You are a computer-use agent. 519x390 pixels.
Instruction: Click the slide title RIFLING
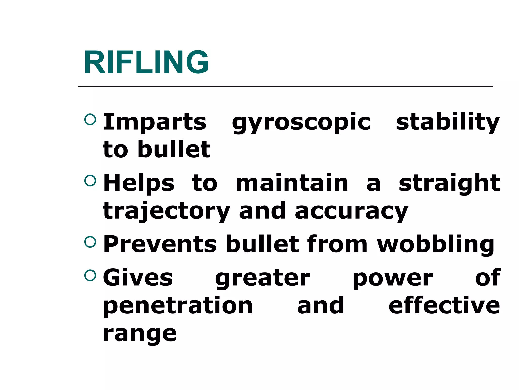(x=146, y=62)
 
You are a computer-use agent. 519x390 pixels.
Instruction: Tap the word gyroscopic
(x=301, y=122)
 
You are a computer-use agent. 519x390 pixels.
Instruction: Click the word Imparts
(x=155, y=122)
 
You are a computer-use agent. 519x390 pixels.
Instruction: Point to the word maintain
(x=292, y=183)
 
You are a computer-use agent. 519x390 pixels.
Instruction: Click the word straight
(x=449, y=183)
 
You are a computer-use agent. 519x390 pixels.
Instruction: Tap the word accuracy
(x=351, y=211)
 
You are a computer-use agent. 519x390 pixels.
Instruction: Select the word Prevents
(x=160, y=244)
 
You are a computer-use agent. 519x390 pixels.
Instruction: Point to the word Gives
(x=138, y=278)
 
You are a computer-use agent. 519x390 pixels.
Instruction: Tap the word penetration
(x=178, y=306)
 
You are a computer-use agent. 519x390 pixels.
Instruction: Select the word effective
(x=444, y=305)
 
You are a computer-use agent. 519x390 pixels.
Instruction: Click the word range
(x=140, y=334)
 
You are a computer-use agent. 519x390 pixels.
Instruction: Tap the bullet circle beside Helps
(x=90, y=181)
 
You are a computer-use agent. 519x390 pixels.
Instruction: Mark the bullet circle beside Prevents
(x=90, y=242)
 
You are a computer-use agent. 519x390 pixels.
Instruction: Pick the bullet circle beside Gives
(x=90, y=275)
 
